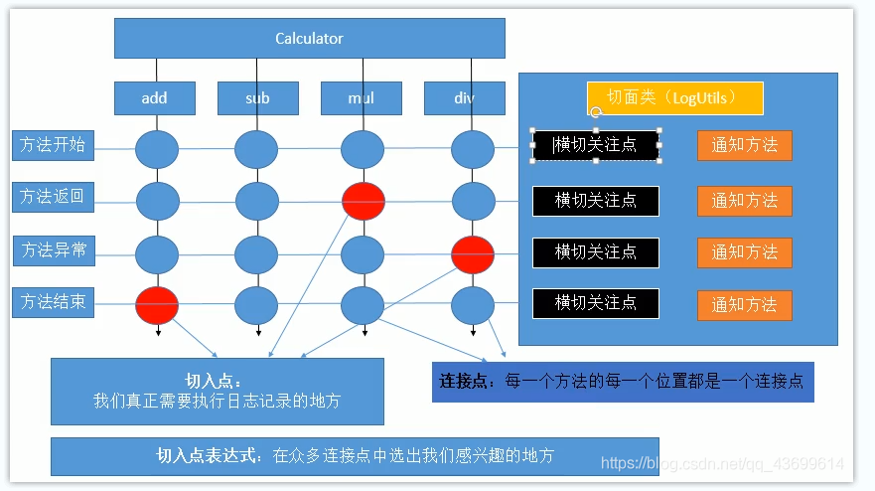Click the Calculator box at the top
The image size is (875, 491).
tap(309, 39)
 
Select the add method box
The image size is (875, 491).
tap(154, 98)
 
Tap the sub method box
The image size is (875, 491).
tap(257, 98)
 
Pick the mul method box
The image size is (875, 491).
tap(361, 98)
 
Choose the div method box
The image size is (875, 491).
tap(465, 98)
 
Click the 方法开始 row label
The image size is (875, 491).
tap(53, 145)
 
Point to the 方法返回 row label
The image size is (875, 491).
tap(53, 197)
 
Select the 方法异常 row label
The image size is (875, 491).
tap(53, 250)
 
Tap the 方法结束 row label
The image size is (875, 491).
tap(53, 302)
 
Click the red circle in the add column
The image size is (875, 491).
tap(157, 305)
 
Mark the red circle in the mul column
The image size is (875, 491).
tap(363, 202)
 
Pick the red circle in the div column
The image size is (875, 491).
tap(473, 254)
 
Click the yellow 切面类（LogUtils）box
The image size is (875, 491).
tap(674, 97)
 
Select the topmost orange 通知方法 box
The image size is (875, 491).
tap(744, 145)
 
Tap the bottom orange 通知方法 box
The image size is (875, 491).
tap(744, 304)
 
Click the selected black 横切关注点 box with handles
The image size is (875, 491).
tap(596, 145)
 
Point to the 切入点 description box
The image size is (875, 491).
tap(217, 392)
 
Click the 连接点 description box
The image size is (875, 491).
tap(623, 382)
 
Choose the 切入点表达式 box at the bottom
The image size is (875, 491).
tap(355, 456)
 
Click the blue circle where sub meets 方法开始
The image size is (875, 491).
tap(256, 150)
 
